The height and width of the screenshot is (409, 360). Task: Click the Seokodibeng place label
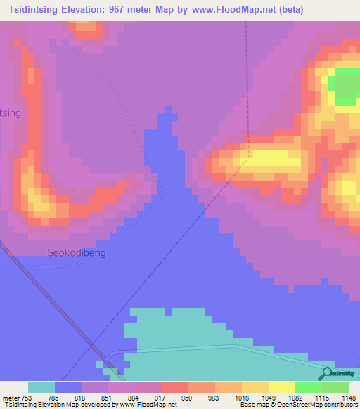[x=77, y=252]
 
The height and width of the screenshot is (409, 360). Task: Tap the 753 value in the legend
[x=27, y=397]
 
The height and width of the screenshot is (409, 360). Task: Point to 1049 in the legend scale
[x=246, y=397]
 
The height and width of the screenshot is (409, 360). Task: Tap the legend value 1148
[x=345, y=397]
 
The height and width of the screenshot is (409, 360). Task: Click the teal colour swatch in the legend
[x=41, y=387]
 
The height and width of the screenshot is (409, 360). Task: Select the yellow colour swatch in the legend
[x=281, y=387]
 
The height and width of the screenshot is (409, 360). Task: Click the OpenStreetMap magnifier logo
[x=326, y=374]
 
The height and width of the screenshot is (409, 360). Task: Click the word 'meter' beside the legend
[x=11, y=397]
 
